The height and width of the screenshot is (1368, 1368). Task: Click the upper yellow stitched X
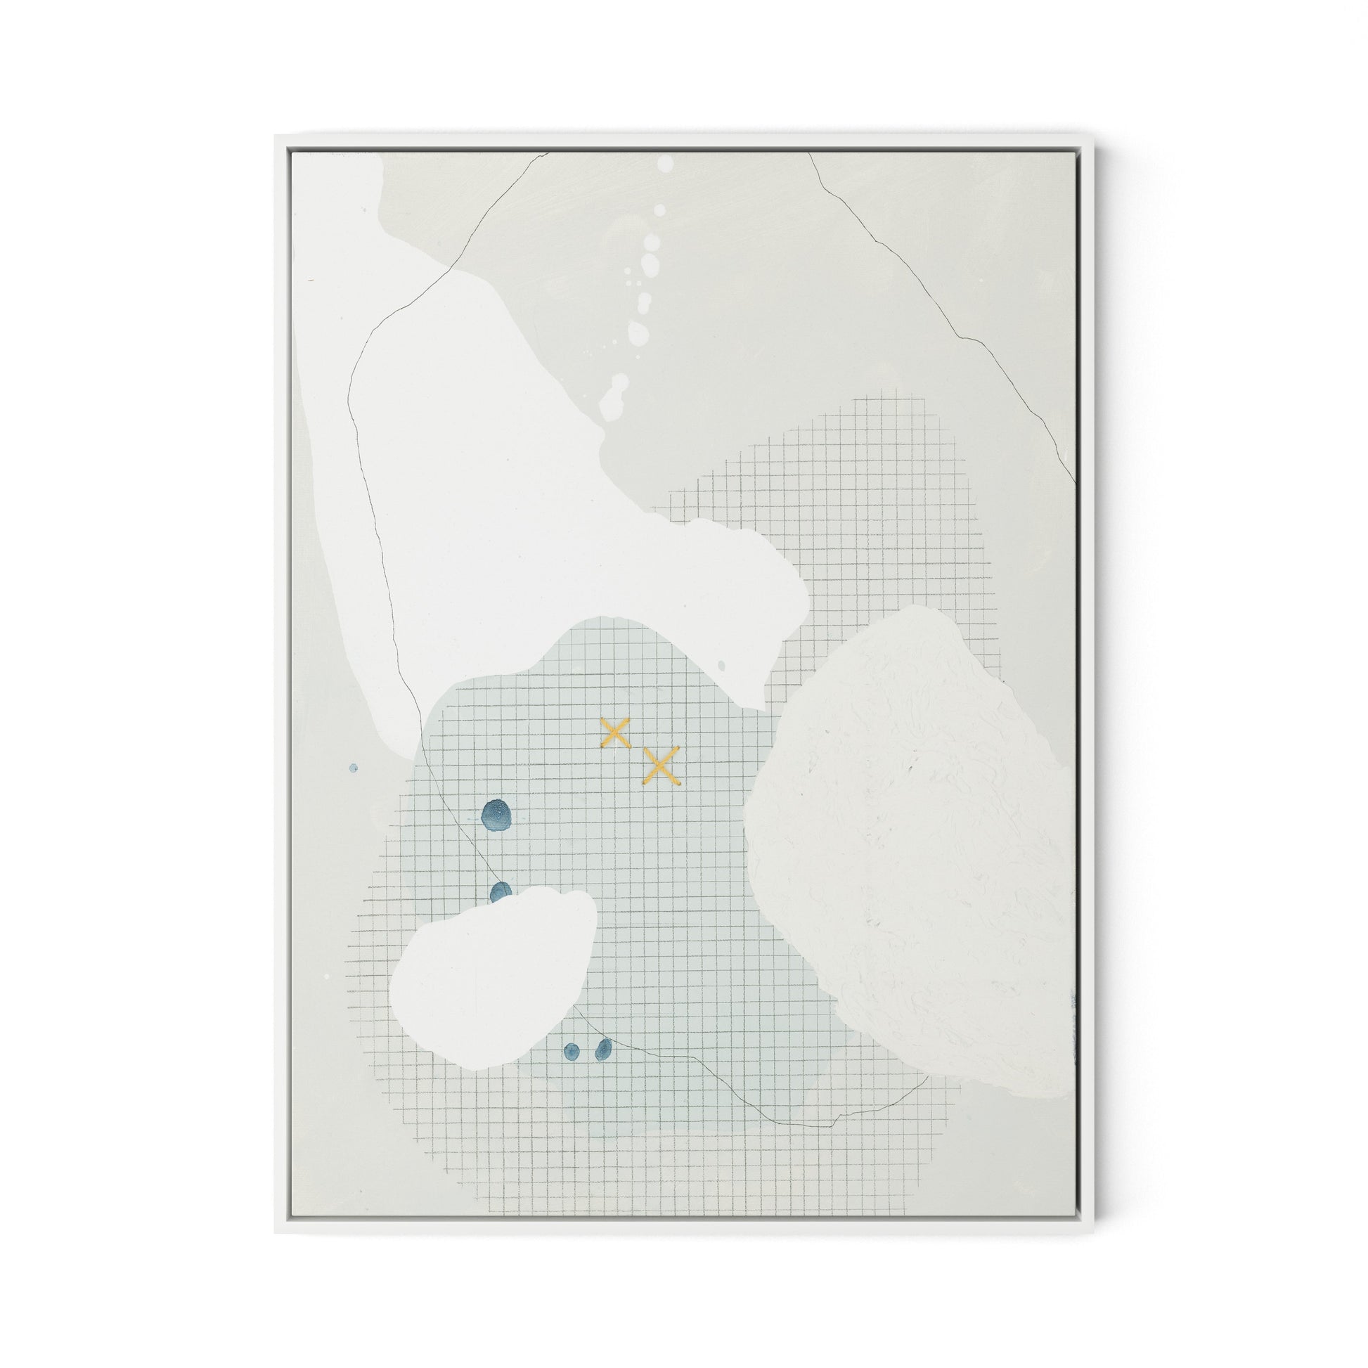point(615,733)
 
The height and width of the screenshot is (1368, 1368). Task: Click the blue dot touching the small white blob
point(501,892)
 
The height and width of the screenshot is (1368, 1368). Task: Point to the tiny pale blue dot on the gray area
point(354,768)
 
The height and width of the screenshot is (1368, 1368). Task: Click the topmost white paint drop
point(665,164)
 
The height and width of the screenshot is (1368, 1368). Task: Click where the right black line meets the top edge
point(808,153)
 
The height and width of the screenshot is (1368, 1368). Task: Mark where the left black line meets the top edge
point(549,153)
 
